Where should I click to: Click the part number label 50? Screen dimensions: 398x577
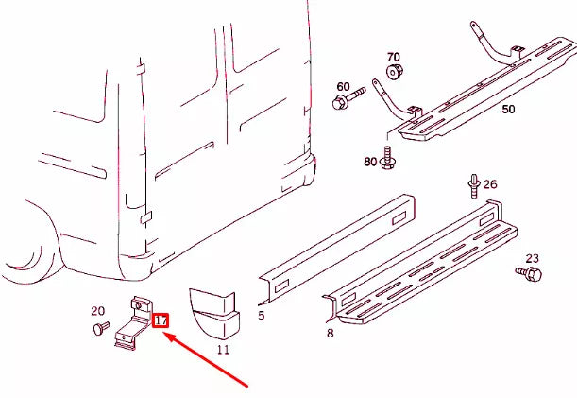pyautogui.click(x=508, y=110)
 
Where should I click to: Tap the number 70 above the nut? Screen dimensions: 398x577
pyautogui.click(x=393, y=57)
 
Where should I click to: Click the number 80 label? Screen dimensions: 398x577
pyautogui.click(x=370, y=162)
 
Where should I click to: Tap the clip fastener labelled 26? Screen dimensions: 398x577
pyautogui.click(x=473, y=185)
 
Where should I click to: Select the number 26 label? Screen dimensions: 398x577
pyautogui.click(x=490, y=183)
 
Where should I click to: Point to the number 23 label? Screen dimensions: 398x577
pyautogui.click(x=532, y=258)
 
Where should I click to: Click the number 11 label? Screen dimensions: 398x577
pyautogui.click(x=223, y=350)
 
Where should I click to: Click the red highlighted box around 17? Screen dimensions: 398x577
pyautogui.click(x=161, y=321)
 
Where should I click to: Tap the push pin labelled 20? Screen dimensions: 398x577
pyautogui.click(x=96, y=328)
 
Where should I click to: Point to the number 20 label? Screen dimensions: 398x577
pyautogui.click(x=97, y=311)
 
